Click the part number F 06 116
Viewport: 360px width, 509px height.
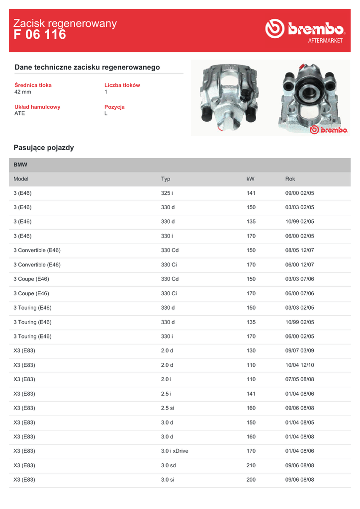pyautogui.click(x=40, y=35)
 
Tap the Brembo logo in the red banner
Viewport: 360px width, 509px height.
pyautogui.click(x=304, y=30)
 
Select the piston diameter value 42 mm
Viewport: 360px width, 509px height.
pyautogui.click(x=23, y=92)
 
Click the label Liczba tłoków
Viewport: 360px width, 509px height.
pyautogui.click(x=122, y=85)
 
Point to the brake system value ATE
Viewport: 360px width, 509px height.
pyautogui.click(x=20, y=113)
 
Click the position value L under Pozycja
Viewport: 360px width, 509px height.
pyautogui.click(x=106, y=113)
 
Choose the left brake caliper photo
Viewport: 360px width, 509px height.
pyautogui.click(x=228, y=96)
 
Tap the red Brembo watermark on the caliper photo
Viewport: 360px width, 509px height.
pyautogui.click(x=328, y=130)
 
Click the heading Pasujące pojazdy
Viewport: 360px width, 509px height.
pyautogui.click(x=44, y=148)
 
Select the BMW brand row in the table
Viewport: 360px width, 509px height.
pyautogui.click(x=21, y=165)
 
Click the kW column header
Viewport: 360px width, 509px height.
pyautogui.click(x=250, y=179)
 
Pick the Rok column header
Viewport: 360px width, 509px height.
pyautogui.click(x=290, y=179)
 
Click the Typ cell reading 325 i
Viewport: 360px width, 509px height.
pyautogui.click(x=167, y=193)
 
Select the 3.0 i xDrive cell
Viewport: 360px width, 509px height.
pyautogui.click(x=175, y=451)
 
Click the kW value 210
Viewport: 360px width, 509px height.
pyautogui.click(x=251, y=466)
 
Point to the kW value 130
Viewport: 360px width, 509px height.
pyautogui.click(x=251, y=351)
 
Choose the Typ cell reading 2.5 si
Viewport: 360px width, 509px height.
pyautogui.click(x=168, y=408)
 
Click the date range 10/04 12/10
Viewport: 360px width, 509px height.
pyautogui.click(x=299, y=365)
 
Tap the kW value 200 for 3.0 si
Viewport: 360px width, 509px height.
pyautogui.click(x=251, y=480)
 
